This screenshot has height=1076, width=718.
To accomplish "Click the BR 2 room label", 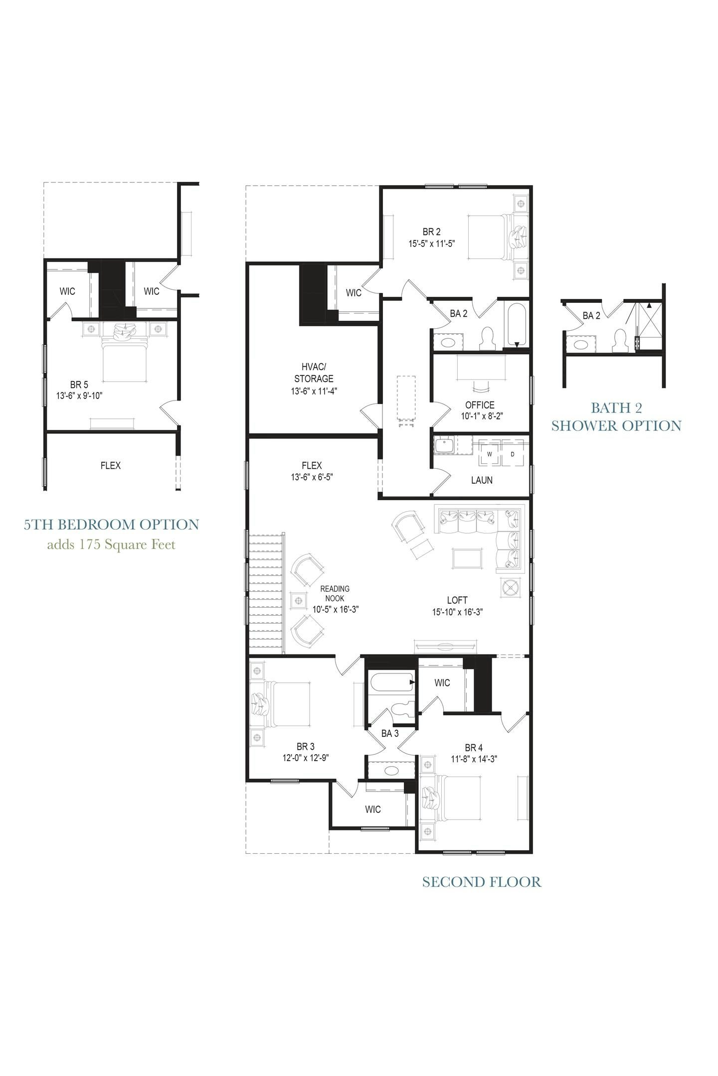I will [431, 232].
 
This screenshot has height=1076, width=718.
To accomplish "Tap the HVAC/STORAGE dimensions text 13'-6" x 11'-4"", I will [314, 391].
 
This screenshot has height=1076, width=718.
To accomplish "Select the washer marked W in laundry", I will [489, 454].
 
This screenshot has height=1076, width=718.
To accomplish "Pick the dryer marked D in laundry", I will [513, 454].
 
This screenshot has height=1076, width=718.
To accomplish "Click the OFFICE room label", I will [480, 405].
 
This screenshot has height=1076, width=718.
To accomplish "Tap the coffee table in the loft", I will [467, 557].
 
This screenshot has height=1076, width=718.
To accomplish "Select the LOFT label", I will [457, 600].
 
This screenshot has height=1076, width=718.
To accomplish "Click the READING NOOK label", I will [335, 593].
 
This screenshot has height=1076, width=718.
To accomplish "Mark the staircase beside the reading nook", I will [266, 593].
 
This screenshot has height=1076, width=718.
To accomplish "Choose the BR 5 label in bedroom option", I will [79, 385].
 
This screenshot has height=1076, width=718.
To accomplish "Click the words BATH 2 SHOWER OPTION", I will [616, 416].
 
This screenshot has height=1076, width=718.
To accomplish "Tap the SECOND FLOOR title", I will [481, 882].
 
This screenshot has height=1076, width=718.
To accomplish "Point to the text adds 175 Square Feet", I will [111, 544].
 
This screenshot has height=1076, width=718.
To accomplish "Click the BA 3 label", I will [390, 733].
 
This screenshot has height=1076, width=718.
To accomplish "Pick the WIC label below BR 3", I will [372, 809].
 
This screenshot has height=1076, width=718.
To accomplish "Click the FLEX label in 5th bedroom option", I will [110, 465].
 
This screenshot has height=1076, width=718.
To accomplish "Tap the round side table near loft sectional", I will [511, 588].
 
